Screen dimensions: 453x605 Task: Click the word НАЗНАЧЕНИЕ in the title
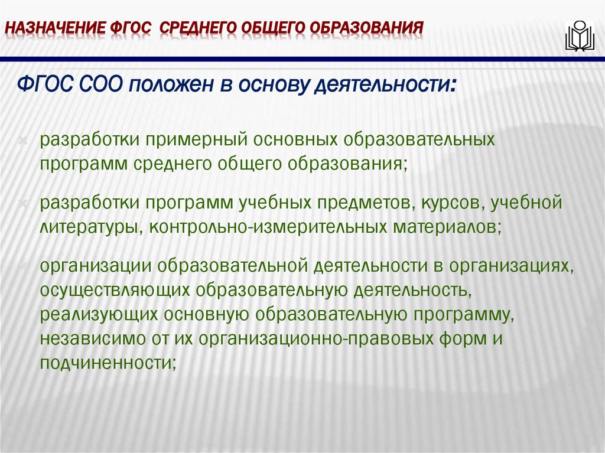coord(54,28)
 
